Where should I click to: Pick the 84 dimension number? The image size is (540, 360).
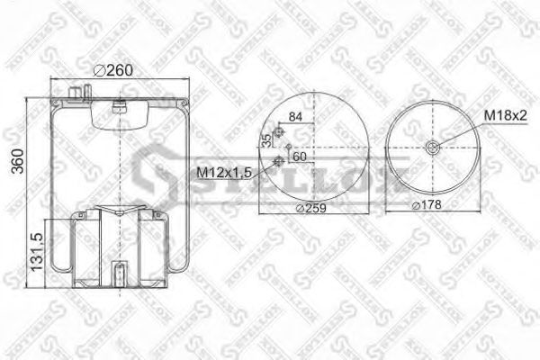pyautogui.click(x=295, y=114)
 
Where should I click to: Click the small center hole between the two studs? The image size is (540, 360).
pyautogui.click(x=287, y=147)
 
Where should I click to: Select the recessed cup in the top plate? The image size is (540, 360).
pyautogui.click(x=117, y=112)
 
